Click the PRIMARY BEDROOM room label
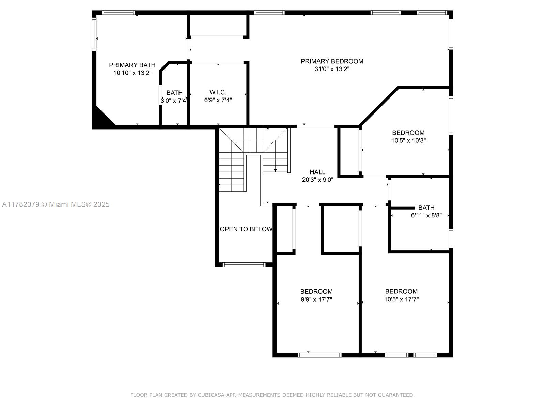(x=332, y=61)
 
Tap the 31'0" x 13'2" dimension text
(x=332, y=69)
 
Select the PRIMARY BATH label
(x=132, y=65)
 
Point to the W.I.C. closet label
(x=218, y=92)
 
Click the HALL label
(x=317, y=172)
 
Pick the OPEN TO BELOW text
(x=246, y=229)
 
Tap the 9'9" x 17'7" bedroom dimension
(x=316, y=299)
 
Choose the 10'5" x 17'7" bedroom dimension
(x=401, y=299)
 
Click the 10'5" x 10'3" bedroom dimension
(x=408, y=140)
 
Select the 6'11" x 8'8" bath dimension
(x=426, y=215)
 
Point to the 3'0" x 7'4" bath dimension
(x=173, y=101)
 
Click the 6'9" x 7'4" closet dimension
(x=218, y=100)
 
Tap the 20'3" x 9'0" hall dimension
(x=317, y=180)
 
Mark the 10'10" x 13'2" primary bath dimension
(x=133, y=73)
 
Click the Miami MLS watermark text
(x=56, y=204)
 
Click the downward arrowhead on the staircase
(x=275, y=170)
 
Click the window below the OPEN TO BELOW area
(x=244, y=265)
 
